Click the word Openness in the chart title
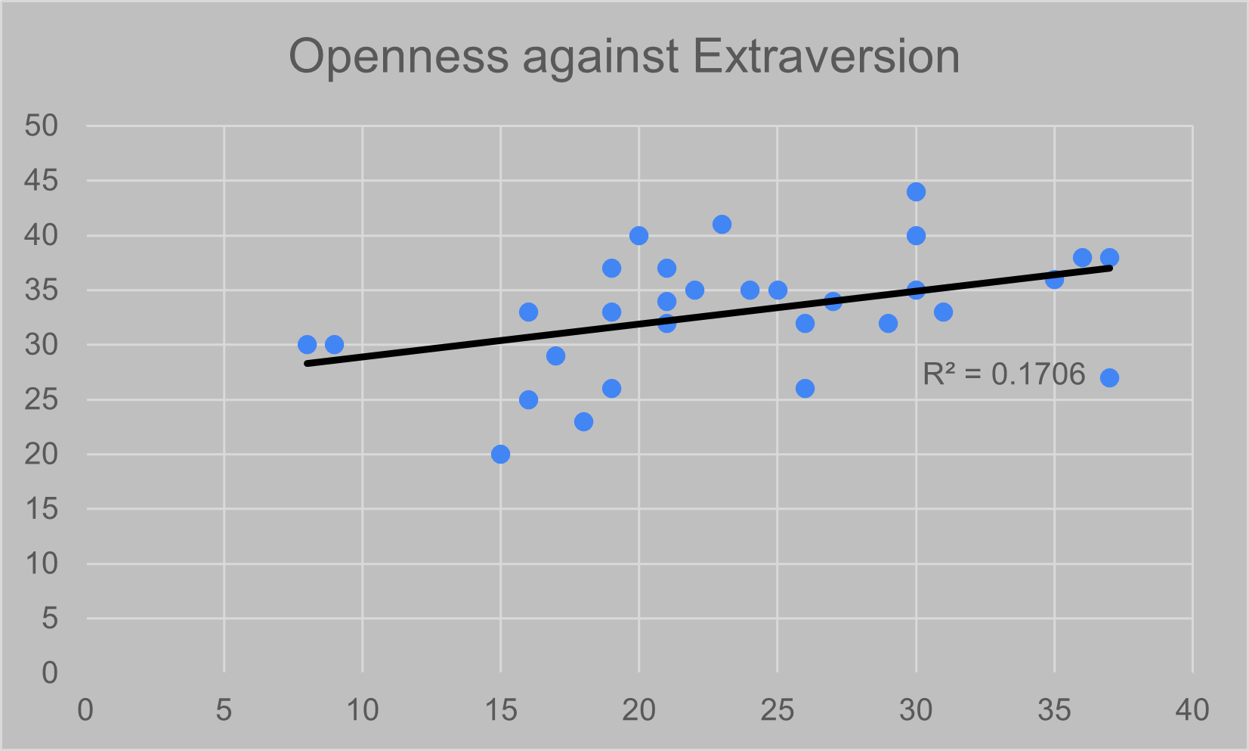[399, 57]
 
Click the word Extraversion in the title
[826, 57]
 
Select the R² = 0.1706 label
[1003, 374]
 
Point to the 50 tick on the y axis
[41, 126]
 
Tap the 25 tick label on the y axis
[41, 400]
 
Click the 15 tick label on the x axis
[500, 711]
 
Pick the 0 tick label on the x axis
[85, 711]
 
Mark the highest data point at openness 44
[916, 192]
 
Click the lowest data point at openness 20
[500, 455]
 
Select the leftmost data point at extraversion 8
[307, 345]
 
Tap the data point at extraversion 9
[334, 345]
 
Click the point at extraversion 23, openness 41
[722, 225]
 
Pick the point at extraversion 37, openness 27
[1109, 378]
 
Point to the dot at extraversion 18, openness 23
[583, 422]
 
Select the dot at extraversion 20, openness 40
[638, 236]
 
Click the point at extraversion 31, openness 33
[943, 312]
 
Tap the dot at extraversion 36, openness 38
[1082, 258]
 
